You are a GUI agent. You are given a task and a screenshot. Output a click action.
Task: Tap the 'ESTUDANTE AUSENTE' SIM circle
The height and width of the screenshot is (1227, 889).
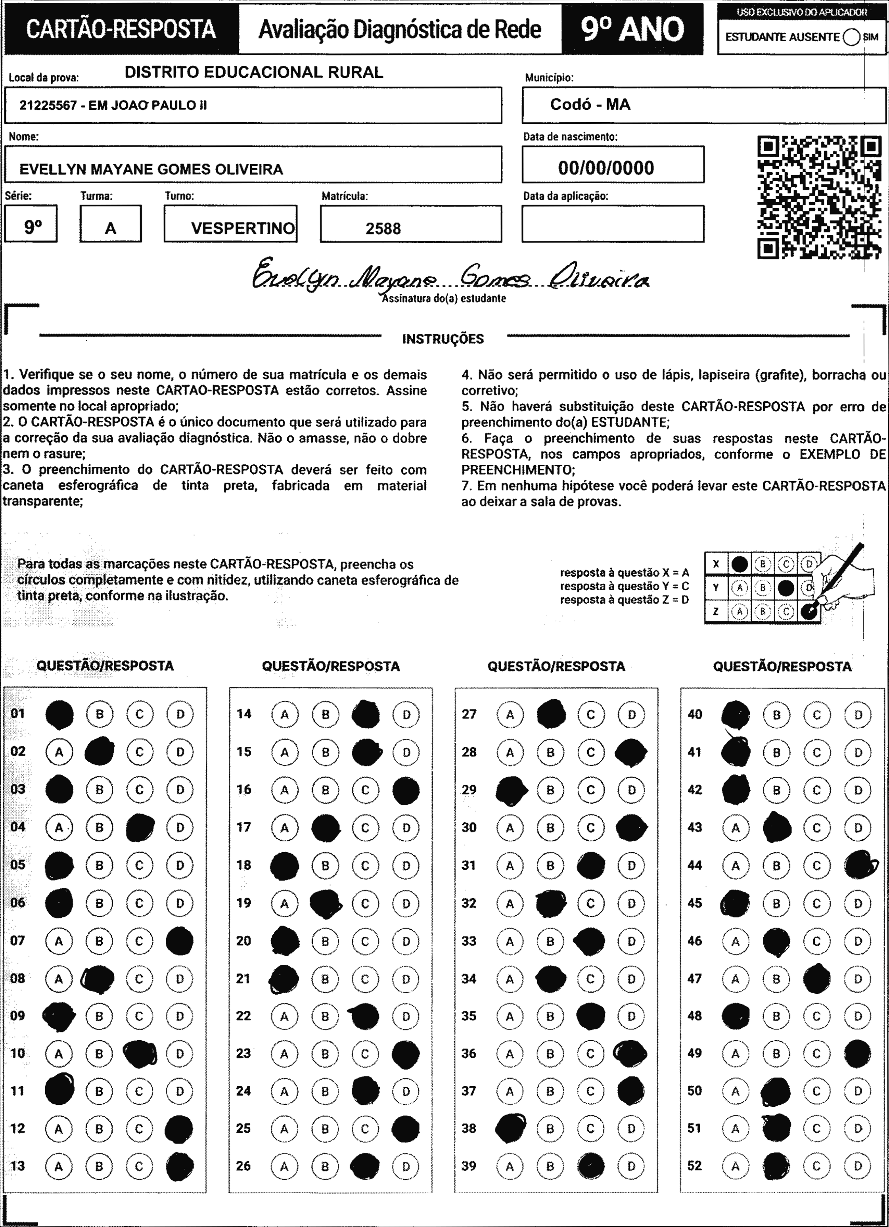[851, 37]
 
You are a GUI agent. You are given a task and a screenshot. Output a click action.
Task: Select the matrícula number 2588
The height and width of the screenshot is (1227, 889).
[383, 228]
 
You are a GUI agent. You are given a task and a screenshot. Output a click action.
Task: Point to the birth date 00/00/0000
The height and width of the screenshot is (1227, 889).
[606, 168]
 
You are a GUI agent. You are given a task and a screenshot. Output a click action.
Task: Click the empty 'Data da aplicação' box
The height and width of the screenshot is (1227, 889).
[613, 223]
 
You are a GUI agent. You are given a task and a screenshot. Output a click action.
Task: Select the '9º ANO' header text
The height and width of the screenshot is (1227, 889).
[632, 29]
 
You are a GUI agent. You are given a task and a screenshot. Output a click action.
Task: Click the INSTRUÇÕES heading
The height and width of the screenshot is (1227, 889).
[443, 339]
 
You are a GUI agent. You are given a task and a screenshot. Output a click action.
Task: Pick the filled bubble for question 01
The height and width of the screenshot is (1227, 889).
[59, 714]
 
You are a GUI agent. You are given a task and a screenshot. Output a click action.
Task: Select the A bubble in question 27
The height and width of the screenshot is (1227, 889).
[510, 715]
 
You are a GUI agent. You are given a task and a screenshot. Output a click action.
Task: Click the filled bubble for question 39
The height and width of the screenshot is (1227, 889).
[590, 1166]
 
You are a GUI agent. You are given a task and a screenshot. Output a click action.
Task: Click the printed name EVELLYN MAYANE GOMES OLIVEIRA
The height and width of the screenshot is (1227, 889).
[151, 169]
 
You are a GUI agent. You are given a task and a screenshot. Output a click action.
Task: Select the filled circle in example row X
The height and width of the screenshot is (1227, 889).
[739, 564]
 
